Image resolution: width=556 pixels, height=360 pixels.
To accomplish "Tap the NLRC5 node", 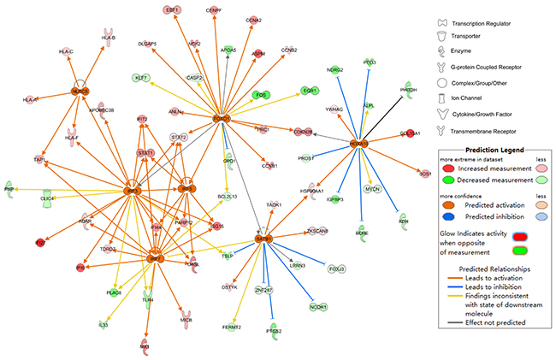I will coord(80,91).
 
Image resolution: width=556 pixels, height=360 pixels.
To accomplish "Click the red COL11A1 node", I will coord(411,133).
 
